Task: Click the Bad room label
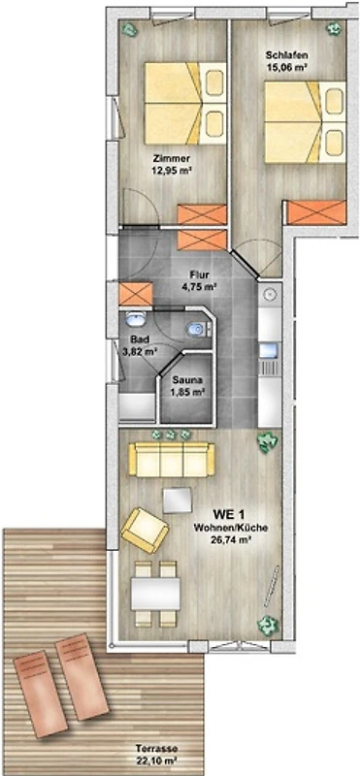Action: tap(138, 340)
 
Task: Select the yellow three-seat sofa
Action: tap(172, 460)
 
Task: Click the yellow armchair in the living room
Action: tap(146, 530)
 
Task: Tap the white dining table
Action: tap(155, 594)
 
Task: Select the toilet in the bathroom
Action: tap(198, 329)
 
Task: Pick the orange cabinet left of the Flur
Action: tap(136, 295)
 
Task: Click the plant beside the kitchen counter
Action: tap(268, 441)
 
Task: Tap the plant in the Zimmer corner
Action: tap(130, 29)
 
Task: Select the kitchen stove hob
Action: tap(270, 367)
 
